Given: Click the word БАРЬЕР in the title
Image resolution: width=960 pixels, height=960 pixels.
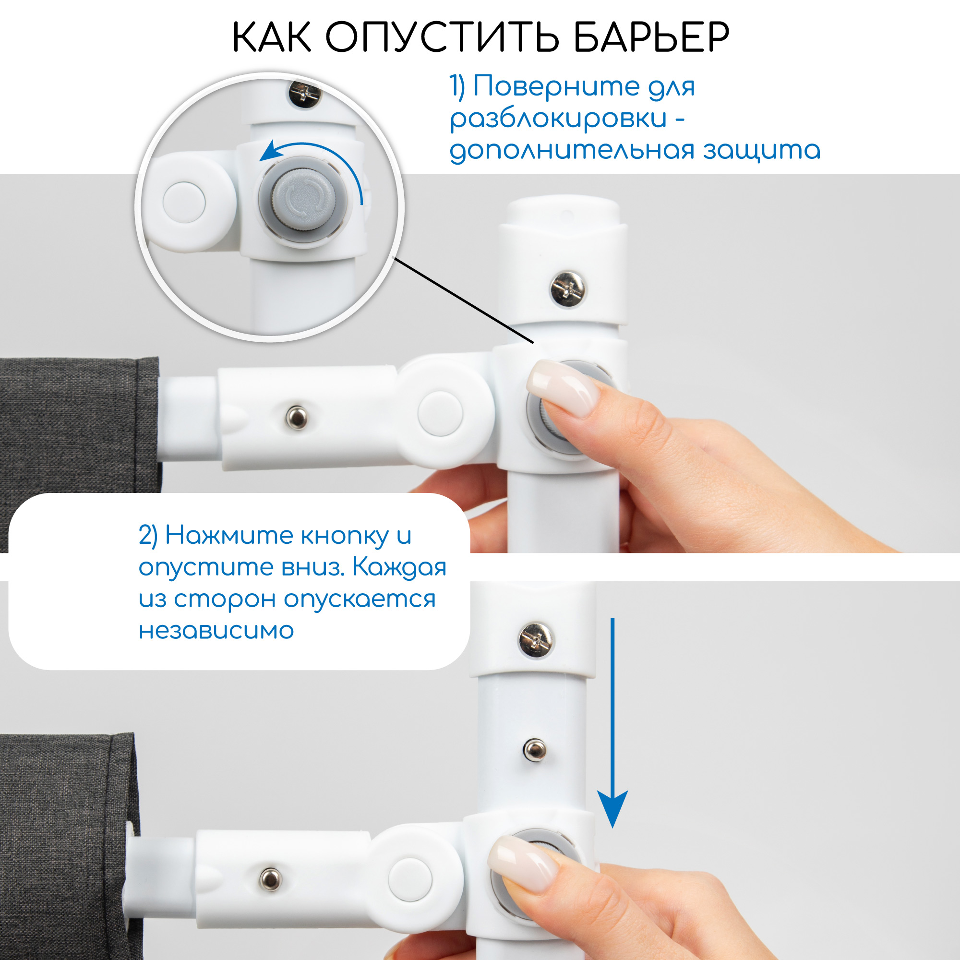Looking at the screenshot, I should coord(651,37).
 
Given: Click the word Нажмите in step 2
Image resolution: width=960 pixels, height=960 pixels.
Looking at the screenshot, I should coord(228,536).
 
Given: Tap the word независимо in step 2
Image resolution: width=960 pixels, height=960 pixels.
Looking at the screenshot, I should coord(216,630).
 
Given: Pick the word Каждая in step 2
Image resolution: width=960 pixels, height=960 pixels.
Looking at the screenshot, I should coord(399,567).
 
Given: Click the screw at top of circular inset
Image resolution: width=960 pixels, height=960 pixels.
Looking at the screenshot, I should coord(304,93).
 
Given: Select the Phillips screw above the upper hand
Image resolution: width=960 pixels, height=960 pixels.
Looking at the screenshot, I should coord(568,288).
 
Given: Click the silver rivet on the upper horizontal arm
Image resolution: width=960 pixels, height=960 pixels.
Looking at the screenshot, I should coord(297,418).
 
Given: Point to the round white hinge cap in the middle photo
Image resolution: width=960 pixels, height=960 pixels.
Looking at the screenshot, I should coord(440,413).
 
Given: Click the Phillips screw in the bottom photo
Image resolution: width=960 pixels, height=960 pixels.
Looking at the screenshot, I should coord(535,640).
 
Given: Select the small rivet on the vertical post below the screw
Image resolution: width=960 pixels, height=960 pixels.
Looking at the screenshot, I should coord(535,749).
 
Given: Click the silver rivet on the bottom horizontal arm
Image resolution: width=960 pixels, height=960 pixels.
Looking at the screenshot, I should coord(271,879).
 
